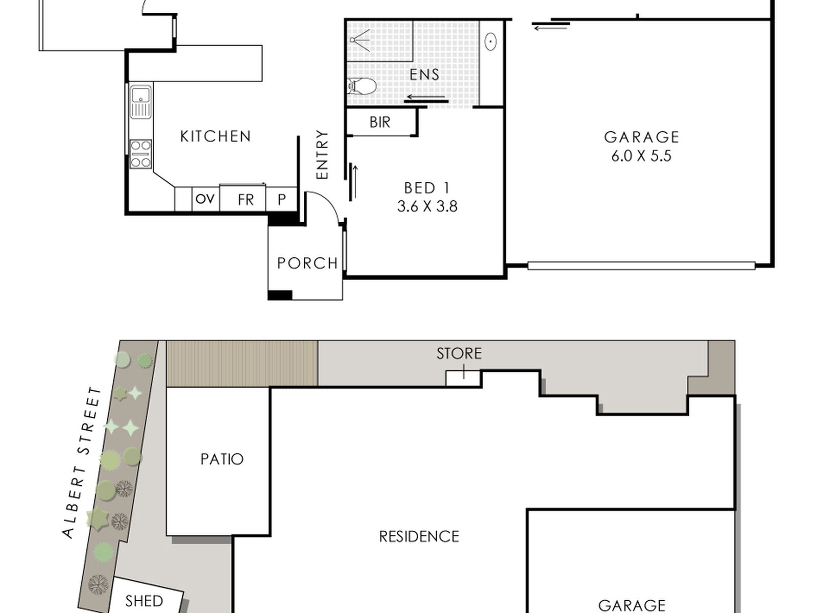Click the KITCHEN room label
tap(215, 136)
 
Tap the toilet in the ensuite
tap(362, 86)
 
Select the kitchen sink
tap(141, 102)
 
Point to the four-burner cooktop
tap(141, 154)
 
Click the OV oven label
tap(205, 199)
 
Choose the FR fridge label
tap(246, 200)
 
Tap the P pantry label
tap(282, 200)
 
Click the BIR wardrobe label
tap(380, 122)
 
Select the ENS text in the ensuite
tap(424, 75)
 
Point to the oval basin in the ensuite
tap(491, 41)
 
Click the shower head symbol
tap(359, 40)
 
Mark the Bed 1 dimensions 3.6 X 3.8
tap(427, 206)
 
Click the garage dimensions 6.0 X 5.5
tap(641, 156)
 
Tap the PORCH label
tap(307, 264)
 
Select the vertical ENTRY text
tap(322, 154)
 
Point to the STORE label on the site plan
tap(459, 353)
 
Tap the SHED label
tap(144, 601)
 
